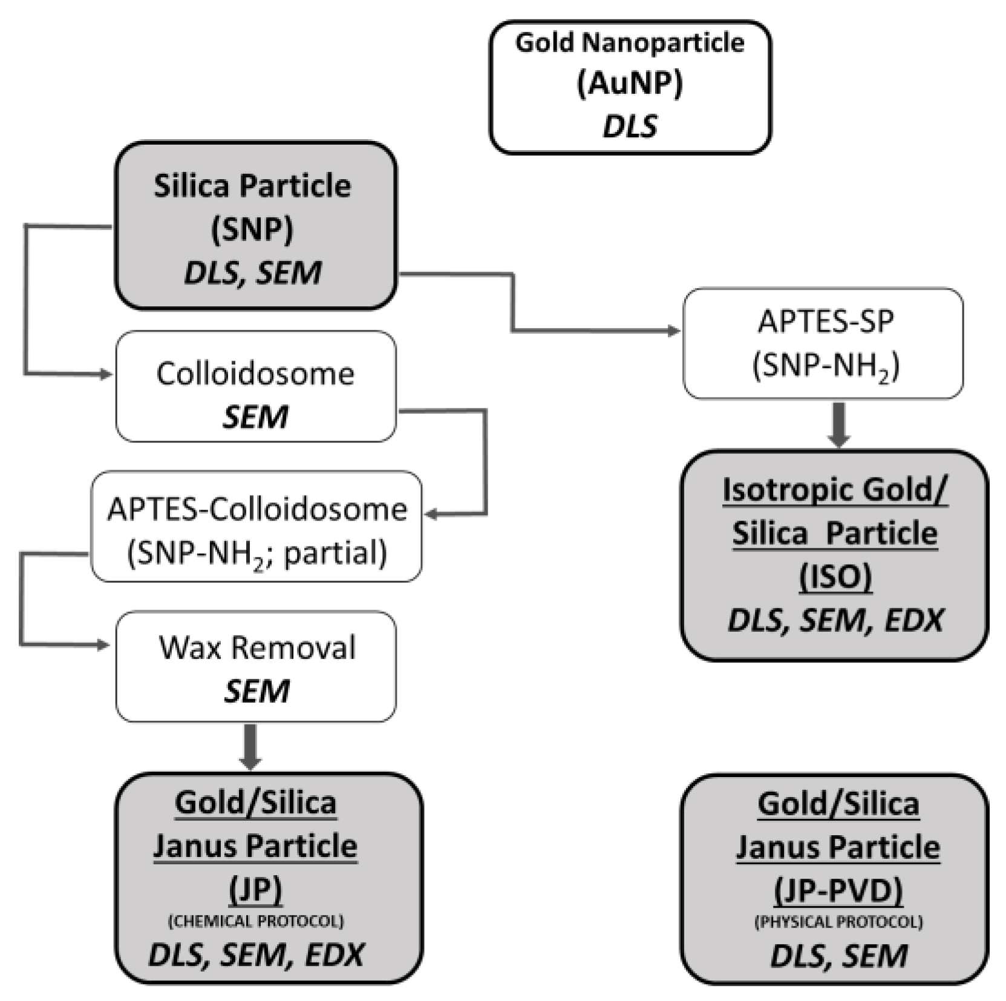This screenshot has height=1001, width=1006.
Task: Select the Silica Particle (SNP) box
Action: point(255,225)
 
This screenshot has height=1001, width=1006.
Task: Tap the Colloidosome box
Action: point(255,386)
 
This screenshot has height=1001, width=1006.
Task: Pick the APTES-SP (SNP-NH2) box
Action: point(823,343)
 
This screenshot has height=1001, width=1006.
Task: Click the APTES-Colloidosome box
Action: point(256,526)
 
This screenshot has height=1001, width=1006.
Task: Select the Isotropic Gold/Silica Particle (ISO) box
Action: point(834,554)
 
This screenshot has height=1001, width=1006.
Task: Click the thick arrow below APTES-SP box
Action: point(838,424)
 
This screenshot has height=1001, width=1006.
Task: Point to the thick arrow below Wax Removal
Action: point(250,747)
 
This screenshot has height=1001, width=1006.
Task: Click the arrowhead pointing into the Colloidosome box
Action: point(107,375)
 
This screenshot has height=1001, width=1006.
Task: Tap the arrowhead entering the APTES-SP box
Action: point(674,331)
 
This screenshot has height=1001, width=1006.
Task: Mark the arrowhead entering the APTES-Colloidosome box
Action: point(431,514)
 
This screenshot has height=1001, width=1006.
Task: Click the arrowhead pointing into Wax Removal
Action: point(103,645)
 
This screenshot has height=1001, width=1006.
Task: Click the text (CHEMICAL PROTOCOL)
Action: point(255,921)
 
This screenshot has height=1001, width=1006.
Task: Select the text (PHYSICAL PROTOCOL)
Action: point(838,922)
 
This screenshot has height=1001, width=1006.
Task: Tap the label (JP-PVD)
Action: point(838,890)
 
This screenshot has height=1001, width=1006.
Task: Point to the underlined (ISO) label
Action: point(835,576)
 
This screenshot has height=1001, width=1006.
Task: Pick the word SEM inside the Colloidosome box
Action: point(255,417)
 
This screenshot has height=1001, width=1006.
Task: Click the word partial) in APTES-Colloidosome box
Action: point(335,553)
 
